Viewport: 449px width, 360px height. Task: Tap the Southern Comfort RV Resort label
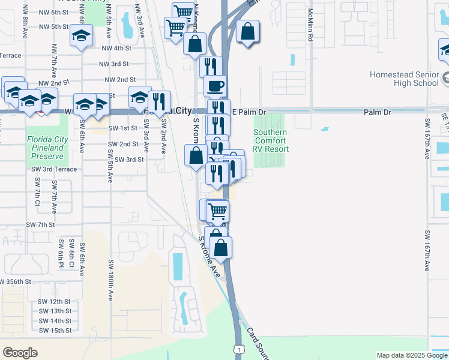click(271, 140)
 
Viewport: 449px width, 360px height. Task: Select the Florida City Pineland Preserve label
click(47, 147)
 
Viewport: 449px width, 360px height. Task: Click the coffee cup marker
click(215, 85)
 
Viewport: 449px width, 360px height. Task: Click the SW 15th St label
click(55, 330)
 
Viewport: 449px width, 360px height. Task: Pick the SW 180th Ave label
click(111, 280)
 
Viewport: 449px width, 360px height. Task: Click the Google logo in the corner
click(20, 353)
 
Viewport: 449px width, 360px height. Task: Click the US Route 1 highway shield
click(240, 349)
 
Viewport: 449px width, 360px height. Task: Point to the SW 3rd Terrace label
click(54, 169)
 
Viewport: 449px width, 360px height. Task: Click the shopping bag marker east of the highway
click(247, 32)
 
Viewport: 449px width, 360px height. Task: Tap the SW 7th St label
click(40, 224)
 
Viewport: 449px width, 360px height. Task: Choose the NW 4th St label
click(116, 48)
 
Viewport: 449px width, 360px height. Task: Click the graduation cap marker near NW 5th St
click(81, 35)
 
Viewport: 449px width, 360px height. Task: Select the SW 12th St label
click(55, 301)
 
